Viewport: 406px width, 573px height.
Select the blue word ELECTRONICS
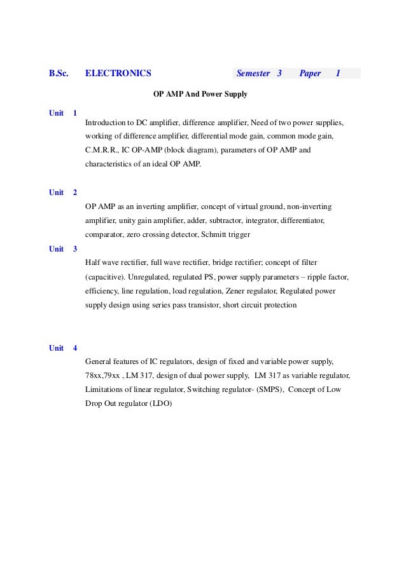(x=118, y=74)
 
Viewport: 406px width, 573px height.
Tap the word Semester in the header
(x=253, y=74)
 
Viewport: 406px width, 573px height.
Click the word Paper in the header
(x=310, y=74)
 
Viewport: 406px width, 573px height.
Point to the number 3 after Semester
(x=279, y=74)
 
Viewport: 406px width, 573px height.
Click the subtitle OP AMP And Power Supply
(x=200, y=95)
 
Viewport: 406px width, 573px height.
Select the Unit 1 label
(x=63, y=113)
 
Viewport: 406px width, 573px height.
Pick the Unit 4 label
(x=63, y=348)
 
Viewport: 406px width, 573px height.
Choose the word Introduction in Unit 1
(x=106, y=123)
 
